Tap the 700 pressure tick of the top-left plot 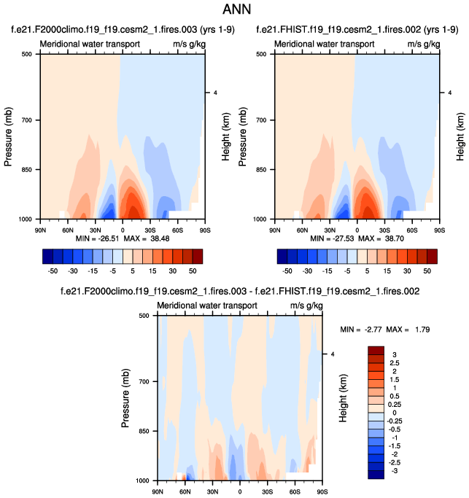[29, 120]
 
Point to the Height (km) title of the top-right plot [461, 136]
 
